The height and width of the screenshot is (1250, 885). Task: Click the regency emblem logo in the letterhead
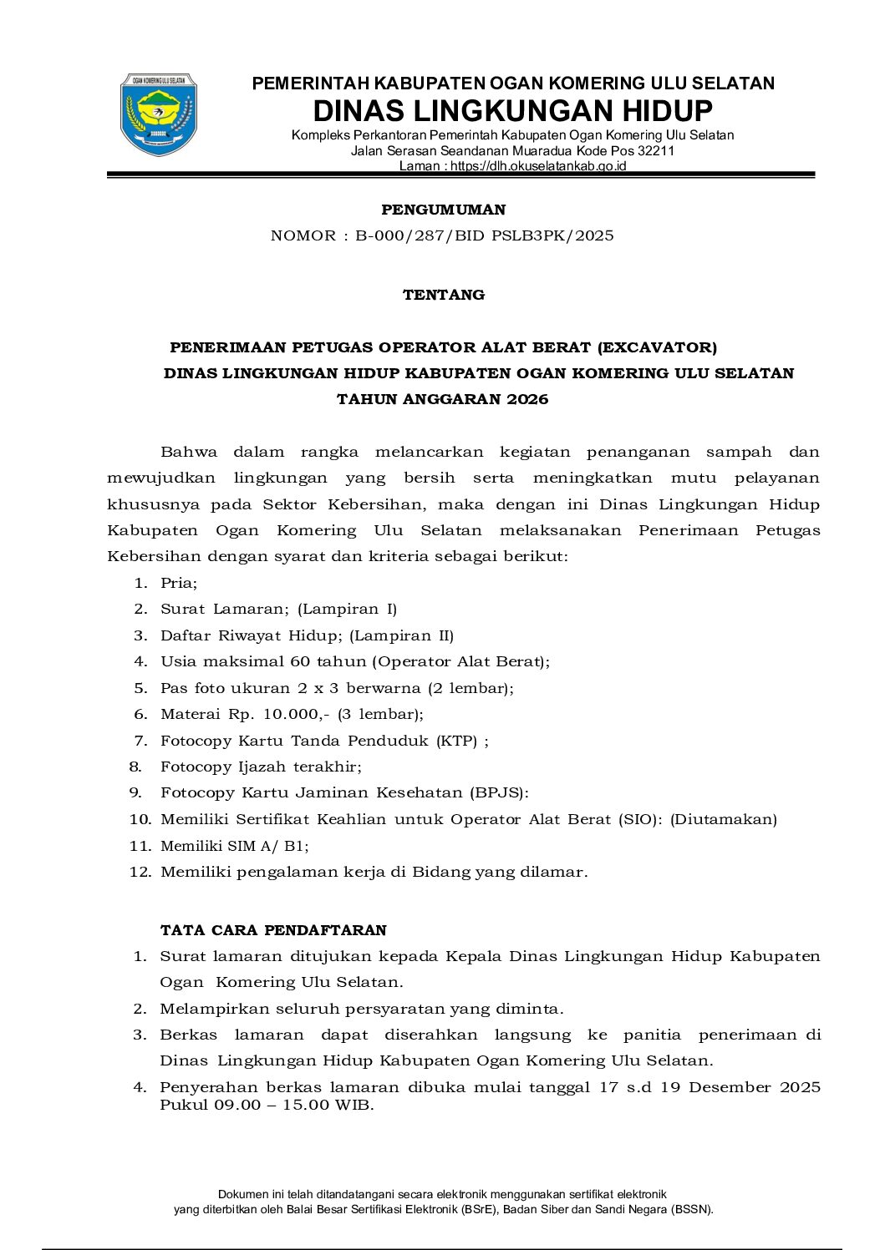159,115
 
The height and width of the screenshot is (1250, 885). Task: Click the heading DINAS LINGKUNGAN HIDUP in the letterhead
512,111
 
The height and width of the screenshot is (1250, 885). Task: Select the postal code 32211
656,151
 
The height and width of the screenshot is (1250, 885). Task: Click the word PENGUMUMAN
443,210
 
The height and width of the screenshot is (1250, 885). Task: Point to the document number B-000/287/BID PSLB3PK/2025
484,235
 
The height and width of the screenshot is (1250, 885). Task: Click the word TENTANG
443,295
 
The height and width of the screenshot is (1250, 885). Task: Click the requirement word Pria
178,583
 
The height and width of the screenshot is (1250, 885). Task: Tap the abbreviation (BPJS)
499,792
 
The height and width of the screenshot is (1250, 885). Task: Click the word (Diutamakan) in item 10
724,819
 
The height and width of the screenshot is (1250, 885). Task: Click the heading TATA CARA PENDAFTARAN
273,930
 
